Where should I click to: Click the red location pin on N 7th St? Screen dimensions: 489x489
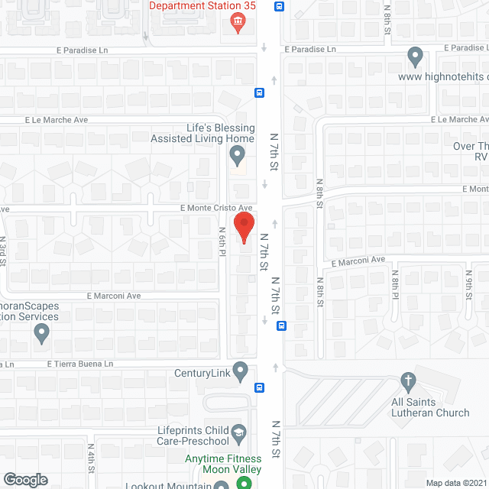pos(243,228)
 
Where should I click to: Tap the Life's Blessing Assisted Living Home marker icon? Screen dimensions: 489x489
pos(238,156)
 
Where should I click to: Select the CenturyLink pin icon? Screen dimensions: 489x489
pos(241,371)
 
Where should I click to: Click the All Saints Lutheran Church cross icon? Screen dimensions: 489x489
pos(408,380)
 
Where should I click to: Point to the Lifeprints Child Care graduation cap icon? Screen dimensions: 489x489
pos(238,432)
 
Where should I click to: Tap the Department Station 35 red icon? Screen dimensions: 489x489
pos(238,20)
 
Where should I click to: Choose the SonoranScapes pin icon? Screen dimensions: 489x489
pos(41,333)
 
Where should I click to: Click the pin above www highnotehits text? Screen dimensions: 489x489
pos(415,56)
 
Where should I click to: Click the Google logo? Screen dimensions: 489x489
pos(25,479)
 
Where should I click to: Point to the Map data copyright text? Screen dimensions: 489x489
pos(455,483)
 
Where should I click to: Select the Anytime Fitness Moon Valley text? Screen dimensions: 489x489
pos(223,464)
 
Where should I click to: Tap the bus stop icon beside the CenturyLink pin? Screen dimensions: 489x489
pos(260,387)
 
